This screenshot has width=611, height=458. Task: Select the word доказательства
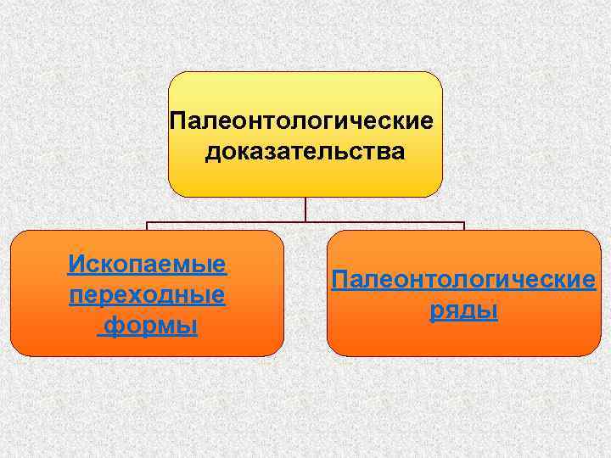(305, 153)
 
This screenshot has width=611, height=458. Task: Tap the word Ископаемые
(147, 264)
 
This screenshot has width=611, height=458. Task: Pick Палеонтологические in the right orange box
(463, 279)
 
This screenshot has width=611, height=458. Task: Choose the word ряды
(463, 310)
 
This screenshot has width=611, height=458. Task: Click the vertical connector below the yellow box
(305, 209)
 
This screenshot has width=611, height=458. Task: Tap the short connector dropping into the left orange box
(147, 227)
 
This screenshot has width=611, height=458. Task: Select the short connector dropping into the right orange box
(464, 227)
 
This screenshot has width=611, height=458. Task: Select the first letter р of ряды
(435, 312)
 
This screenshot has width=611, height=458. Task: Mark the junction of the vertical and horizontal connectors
(305, 224)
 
